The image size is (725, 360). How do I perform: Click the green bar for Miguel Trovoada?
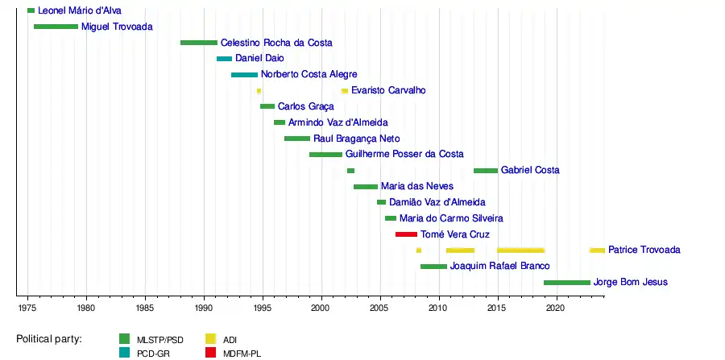tap(56, 27)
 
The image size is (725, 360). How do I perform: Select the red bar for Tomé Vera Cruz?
tap(406, 234)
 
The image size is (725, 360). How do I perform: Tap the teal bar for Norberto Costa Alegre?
tap(244, 75)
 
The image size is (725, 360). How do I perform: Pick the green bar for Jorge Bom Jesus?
tap(566, 283)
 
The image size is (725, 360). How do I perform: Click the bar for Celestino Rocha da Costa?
tap(198, 43)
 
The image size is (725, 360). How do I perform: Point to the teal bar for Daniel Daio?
tap(224, 59)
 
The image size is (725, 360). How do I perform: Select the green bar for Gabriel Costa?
tap(485, 171)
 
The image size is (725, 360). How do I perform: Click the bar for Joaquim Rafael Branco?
tap(433, 267)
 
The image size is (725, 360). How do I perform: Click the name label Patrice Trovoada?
tap(644, 250)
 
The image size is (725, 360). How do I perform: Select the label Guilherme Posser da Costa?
tap(404, 155)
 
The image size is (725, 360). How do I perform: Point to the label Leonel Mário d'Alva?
tap(80, 11)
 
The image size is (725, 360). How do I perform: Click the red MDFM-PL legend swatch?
tap(210, 353)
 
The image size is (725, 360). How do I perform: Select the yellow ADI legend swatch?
tap(210, 339)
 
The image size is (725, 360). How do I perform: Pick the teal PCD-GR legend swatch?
tap(124, 353)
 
